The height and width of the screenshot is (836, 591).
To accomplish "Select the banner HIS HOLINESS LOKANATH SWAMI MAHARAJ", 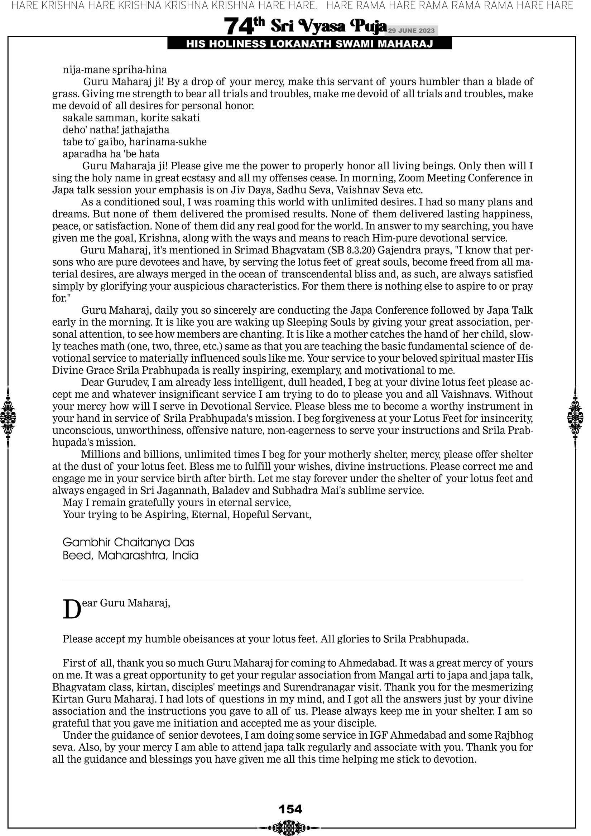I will (x=309, y=44).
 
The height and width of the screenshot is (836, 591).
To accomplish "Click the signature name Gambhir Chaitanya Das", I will (x=128, y=542).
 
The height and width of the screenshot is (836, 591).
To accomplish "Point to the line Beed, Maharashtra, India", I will (x=130, y=555).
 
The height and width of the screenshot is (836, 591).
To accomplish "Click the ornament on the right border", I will (x=575, y=417).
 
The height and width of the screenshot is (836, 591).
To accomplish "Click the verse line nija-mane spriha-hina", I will (x=115, y=69).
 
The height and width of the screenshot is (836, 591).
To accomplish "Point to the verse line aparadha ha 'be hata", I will (x=111, y=154).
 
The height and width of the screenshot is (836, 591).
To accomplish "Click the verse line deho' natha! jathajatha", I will (x=116, y=130).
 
